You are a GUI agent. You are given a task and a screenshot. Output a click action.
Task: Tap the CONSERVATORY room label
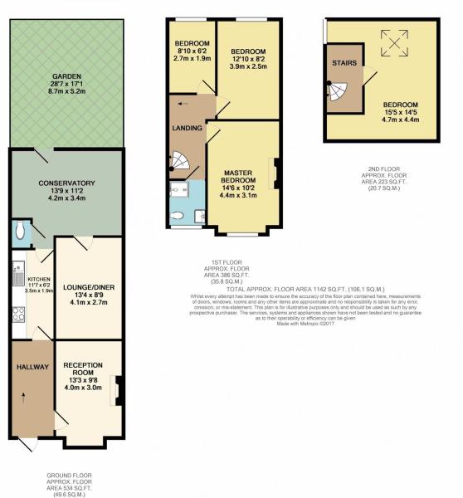[66, 183]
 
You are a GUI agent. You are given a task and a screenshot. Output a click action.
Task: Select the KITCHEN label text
[39, 279]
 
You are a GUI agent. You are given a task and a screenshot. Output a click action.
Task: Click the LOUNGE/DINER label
[88, 288]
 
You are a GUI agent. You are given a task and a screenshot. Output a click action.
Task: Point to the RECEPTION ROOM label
[83, 369]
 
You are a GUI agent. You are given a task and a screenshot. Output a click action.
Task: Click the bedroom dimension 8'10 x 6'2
[191, 51]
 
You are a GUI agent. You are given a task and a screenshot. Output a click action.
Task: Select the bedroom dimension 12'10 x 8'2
[248, 59]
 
